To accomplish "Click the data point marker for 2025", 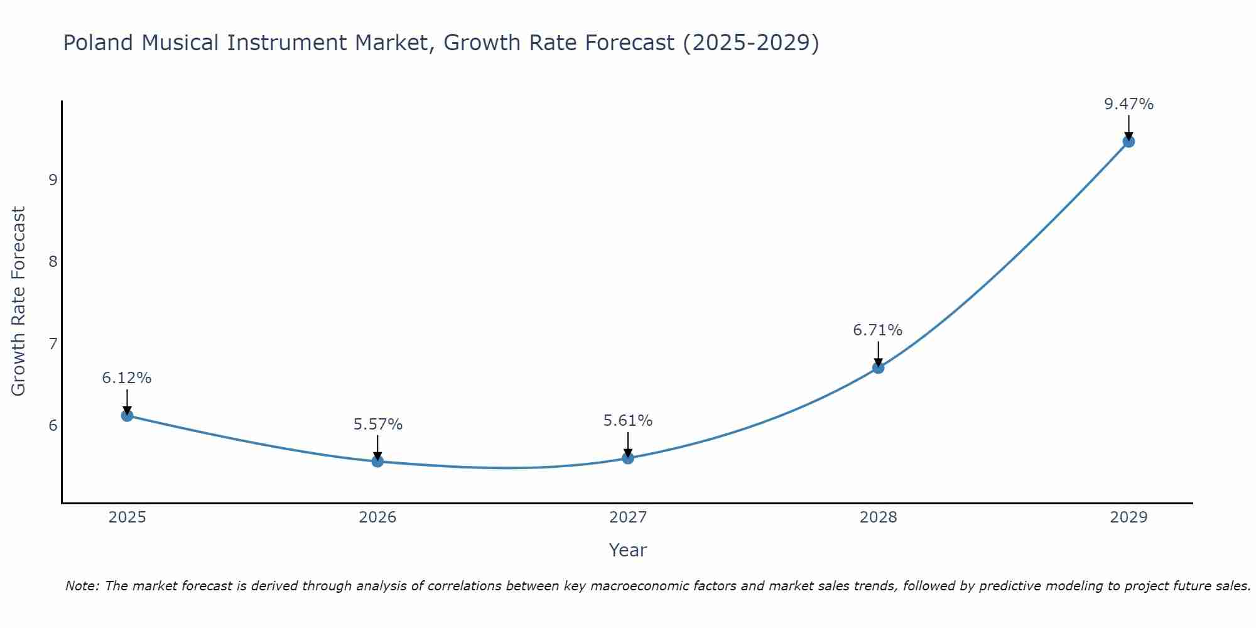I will [127, 415].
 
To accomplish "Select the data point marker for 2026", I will [377, 461].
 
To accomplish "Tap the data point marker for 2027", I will [628, 458].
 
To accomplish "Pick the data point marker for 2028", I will [879, 367].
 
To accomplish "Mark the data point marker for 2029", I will [1129, 141].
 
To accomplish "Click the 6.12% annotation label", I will [127, 378].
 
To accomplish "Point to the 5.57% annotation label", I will [377, 425].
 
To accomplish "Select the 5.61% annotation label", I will [628, 421].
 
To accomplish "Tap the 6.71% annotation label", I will [878, 330].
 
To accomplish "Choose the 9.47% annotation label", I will [1129, 104].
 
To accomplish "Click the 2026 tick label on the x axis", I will [377, 517].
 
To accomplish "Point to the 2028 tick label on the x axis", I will [879, 517].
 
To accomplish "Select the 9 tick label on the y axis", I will [53, 180].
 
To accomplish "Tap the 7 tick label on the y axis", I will [53, 344].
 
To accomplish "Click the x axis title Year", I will [628, 550].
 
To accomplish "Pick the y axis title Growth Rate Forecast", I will [19, 301].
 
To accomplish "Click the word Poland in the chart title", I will [99, 43].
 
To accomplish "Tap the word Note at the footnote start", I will [82, 586].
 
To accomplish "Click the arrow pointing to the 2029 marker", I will [1129, 127].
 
